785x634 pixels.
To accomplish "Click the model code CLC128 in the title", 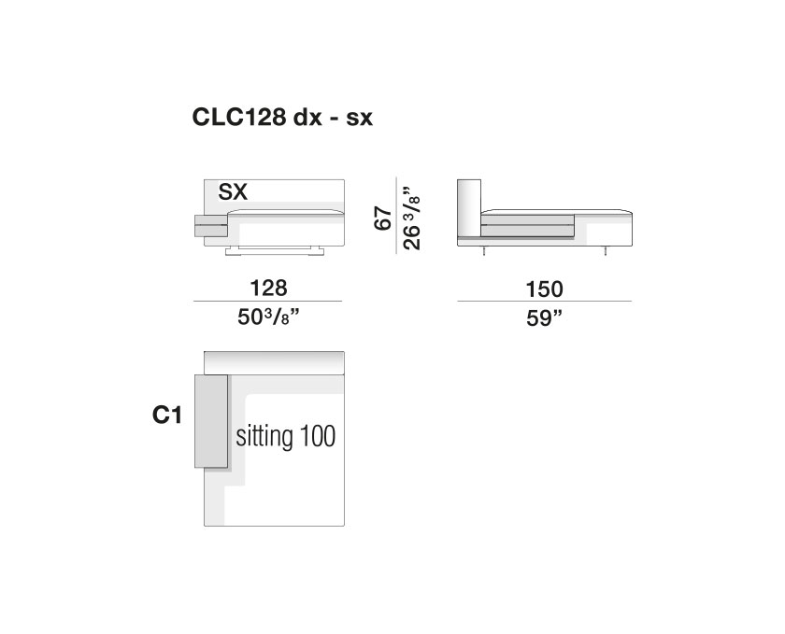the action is (239, 117).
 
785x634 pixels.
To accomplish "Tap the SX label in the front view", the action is (233, 191).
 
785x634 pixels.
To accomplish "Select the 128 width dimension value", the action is (269, 289).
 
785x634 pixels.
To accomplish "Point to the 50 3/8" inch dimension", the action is (268, 317).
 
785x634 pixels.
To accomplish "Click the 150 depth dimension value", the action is (544, 289).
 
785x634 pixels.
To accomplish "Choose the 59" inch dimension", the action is (544, 317).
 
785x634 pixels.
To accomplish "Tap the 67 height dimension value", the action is (383, 218).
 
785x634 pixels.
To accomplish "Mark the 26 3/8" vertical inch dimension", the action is (411, 218).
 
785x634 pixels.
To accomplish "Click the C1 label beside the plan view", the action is (166, 415).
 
